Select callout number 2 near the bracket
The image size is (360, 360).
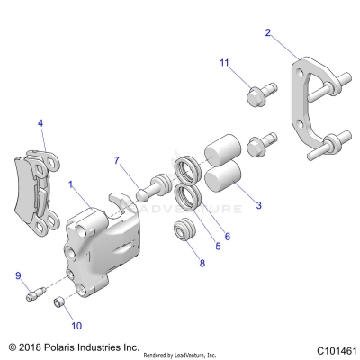(268, 33)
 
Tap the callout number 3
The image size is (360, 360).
(258, 206)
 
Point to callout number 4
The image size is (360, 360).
(40, 122)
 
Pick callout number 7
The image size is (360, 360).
(117, 160)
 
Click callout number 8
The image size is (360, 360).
(202, 264)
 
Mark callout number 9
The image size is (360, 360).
(17, 274)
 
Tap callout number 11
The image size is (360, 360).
(226, 62)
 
